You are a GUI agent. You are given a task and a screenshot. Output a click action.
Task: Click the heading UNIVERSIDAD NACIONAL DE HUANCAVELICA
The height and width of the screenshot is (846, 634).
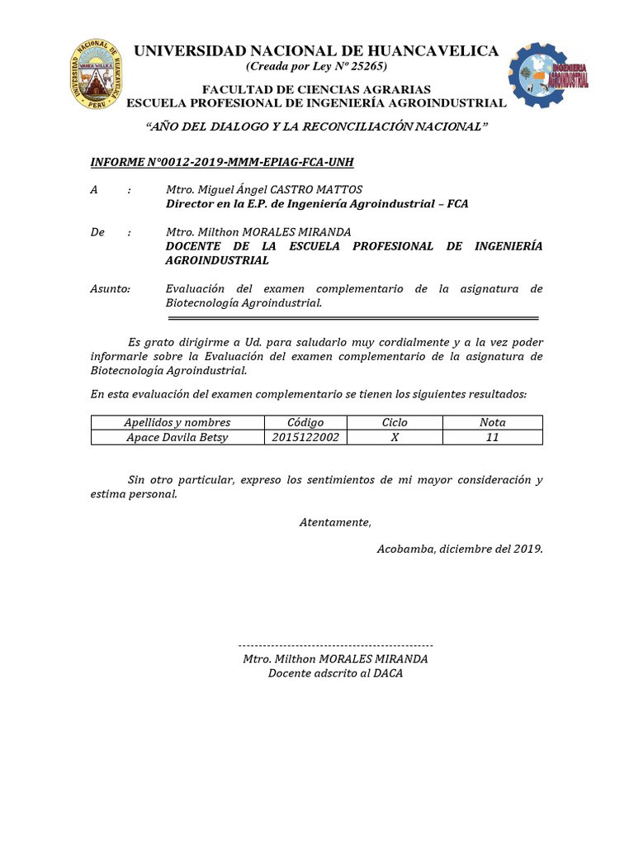316,51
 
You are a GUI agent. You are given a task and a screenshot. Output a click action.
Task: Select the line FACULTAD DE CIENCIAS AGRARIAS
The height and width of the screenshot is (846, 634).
316,89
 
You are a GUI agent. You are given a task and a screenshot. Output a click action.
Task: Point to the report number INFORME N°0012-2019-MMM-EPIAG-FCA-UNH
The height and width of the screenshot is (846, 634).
221,162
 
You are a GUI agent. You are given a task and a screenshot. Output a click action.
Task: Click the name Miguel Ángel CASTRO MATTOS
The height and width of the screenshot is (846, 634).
264,190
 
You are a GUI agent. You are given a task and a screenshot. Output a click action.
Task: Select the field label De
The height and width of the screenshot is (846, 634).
97,232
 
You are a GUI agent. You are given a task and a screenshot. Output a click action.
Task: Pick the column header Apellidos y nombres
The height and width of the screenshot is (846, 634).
177,422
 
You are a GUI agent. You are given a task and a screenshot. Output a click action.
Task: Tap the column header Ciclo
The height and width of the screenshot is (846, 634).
395,422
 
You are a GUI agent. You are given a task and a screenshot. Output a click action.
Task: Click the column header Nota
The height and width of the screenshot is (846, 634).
493,422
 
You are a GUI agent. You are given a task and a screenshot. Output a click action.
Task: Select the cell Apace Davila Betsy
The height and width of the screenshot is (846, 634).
177,437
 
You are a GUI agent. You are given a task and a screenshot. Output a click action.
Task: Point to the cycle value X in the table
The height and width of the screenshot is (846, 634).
395,437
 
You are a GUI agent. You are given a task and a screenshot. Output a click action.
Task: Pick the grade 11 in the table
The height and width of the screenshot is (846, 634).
493,437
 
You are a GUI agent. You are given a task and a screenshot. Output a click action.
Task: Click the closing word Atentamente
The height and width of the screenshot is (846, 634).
335,521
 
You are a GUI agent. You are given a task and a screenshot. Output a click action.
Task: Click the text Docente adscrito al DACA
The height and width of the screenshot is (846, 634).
335,673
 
